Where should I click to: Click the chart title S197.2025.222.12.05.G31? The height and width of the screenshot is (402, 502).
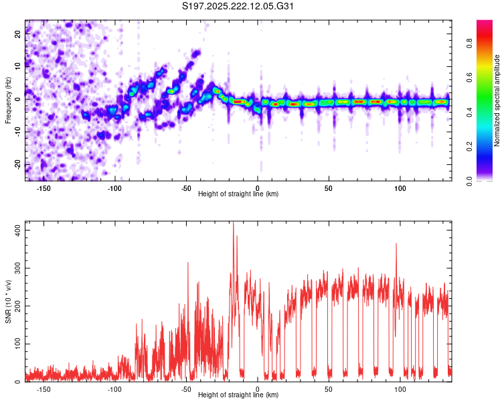point(238,7)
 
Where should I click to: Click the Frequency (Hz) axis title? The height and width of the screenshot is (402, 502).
point(7,100)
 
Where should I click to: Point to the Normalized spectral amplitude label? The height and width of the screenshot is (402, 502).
point(498,100)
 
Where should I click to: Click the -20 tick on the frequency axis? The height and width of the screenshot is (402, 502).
point(17,165)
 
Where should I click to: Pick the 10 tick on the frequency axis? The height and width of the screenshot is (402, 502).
point(18,66)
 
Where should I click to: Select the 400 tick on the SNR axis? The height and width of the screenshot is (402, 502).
point(16,230)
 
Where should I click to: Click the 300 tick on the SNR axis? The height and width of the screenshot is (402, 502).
point(16,268)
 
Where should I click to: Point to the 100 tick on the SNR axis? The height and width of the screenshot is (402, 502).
point(16,344)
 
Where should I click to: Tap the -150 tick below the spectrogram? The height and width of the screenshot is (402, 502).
point(44,188)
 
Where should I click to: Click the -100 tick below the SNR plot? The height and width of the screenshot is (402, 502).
point(115,389)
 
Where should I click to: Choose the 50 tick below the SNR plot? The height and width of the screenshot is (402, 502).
point(329,389)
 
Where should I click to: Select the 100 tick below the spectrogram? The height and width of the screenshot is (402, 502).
point(400,188)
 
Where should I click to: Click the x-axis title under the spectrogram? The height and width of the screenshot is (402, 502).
point(238,194)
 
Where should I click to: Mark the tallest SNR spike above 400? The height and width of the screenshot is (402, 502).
point(233,224)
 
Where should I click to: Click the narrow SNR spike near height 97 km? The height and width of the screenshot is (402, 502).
point(396,245)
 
